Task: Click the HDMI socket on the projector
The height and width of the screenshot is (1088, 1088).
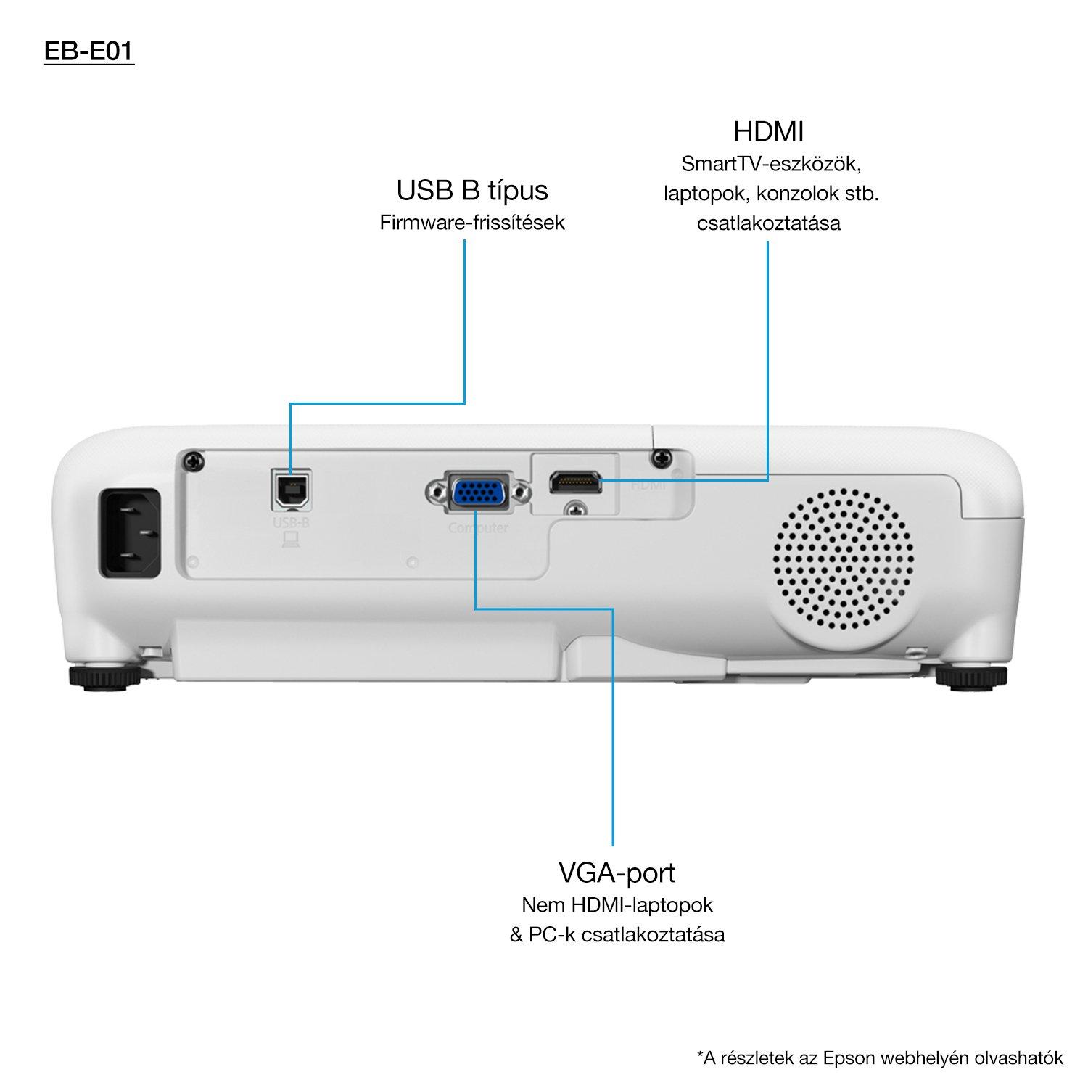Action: (575, 482)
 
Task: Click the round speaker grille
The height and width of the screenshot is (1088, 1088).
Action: (844, 560)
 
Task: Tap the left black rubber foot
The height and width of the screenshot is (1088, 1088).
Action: (104, 677)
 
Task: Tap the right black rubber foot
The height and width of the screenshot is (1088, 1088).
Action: (970, 677)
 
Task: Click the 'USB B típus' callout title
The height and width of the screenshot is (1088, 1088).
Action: (472, 191)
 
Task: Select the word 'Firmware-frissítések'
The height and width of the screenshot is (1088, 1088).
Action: (472, 223)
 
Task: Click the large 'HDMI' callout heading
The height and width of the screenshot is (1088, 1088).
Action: (769, 132)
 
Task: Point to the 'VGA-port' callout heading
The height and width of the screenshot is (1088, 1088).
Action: (617, 873)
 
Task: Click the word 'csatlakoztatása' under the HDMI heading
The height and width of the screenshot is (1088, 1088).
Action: (769, 223)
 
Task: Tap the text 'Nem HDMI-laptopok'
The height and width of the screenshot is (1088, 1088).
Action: (617, 905)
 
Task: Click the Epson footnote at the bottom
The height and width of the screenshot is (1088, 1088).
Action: (880, 1058)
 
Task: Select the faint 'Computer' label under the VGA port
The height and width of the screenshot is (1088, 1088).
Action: (478, 528)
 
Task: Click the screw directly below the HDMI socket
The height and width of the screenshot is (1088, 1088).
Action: (576, 510)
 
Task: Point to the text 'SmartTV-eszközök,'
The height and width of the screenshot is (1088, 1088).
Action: (771, 164)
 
